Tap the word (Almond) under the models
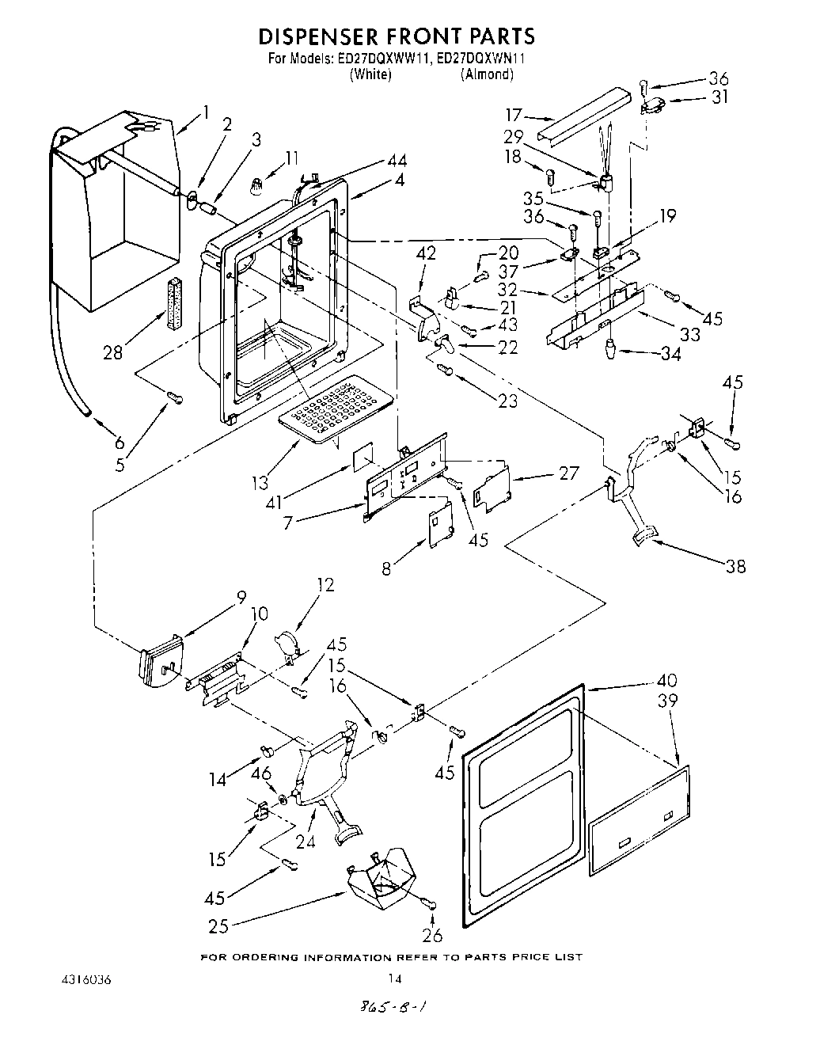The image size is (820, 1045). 487,74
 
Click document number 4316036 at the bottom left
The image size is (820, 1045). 84,981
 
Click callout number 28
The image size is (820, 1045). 112,352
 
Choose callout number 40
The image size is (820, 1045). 667,680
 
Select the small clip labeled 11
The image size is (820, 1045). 256,187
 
